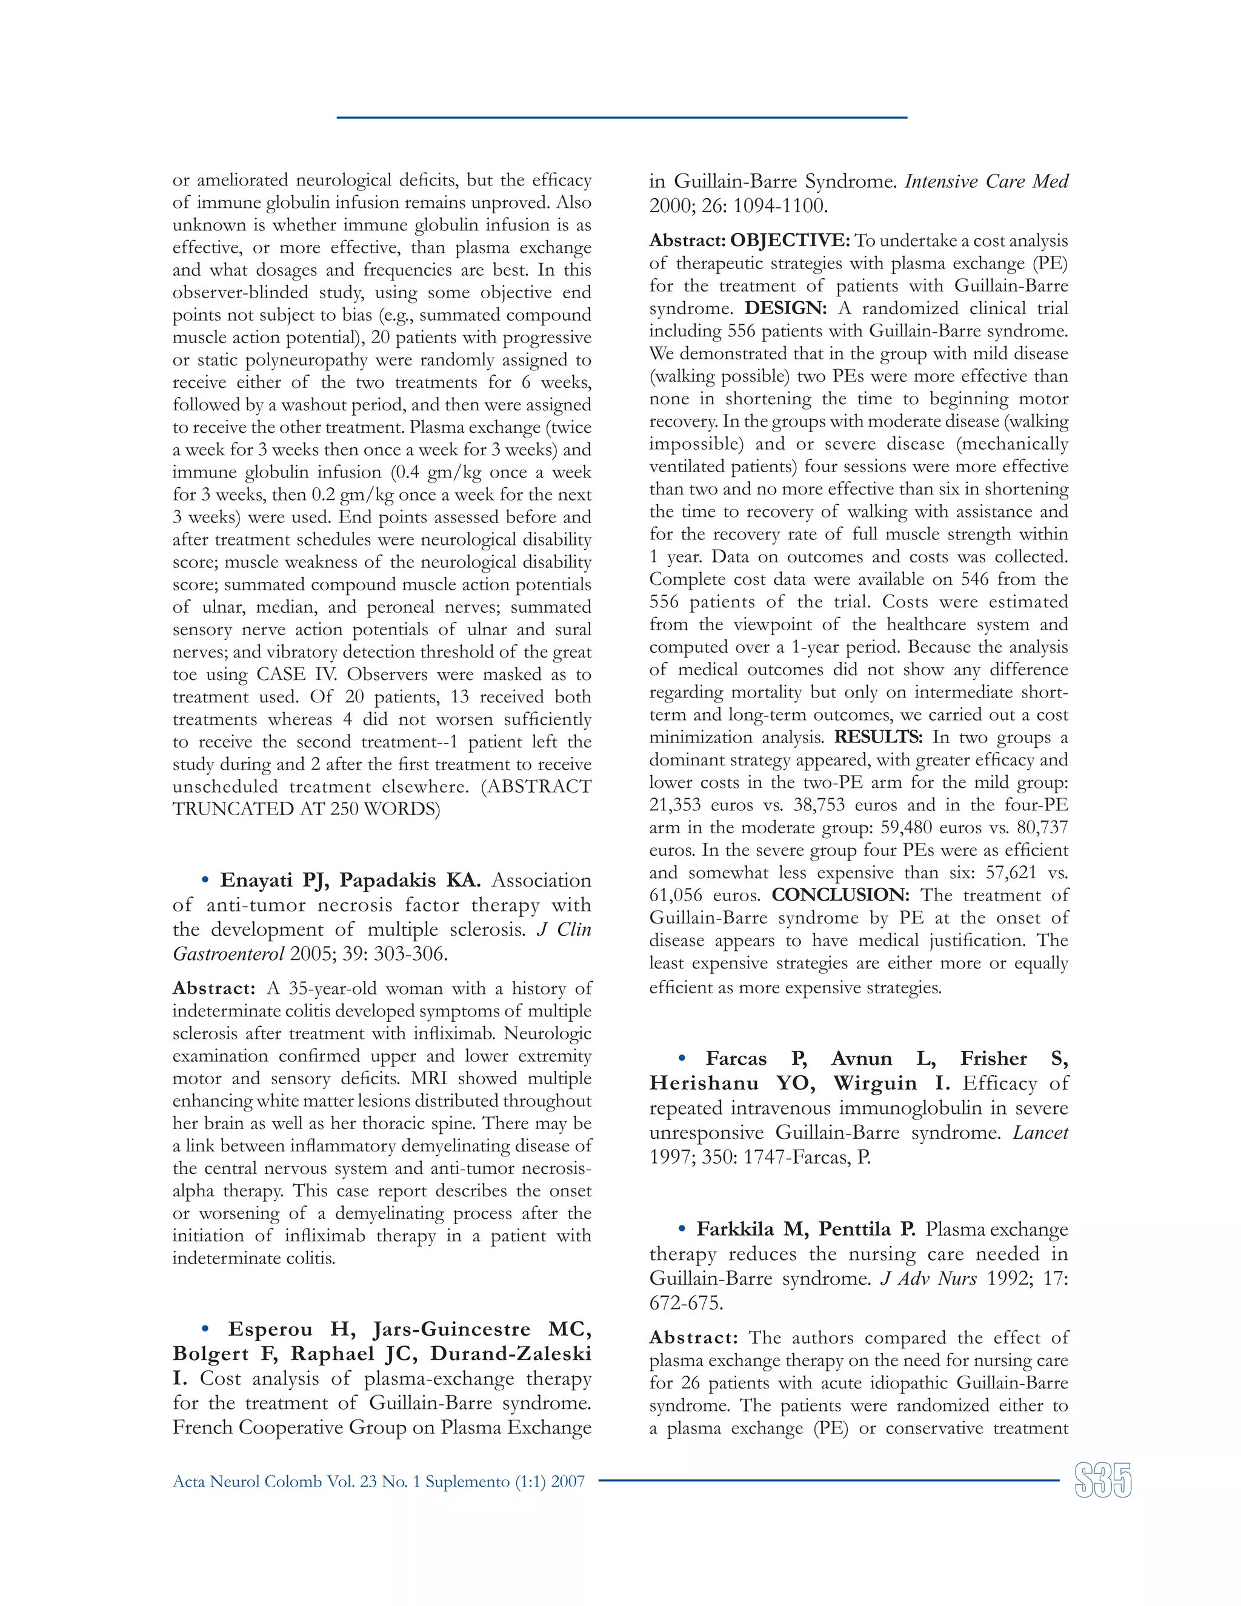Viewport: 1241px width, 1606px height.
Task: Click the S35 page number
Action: coord(1102,1481)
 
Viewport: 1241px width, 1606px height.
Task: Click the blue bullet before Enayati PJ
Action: coord(205,880)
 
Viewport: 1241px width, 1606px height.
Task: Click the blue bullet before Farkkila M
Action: coord(682,1229)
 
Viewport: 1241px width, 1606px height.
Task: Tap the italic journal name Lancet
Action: coord(1040,1133)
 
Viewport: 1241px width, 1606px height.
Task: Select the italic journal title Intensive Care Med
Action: coord(986,182)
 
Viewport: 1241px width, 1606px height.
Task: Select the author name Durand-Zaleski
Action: coord(510,1354)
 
